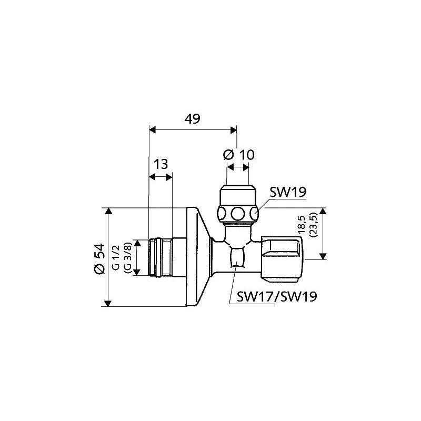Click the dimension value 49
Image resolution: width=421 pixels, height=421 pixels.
tap(193, 119)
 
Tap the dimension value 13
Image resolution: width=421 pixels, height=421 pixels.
tap(161, 164)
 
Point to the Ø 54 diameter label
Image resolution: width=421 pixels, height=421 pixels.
tap(98, 258)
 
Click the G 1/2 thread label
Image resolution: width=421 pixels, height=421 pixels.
tap(116, 257)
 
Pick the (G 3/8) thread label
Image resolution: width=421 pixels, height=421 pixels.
tap(126, 257)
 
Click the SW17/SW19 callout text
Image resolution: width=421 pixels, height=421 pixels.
tap(276, 297)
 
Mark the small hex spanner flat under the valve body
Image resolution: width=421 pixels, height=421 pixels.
tap(237, 260)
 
